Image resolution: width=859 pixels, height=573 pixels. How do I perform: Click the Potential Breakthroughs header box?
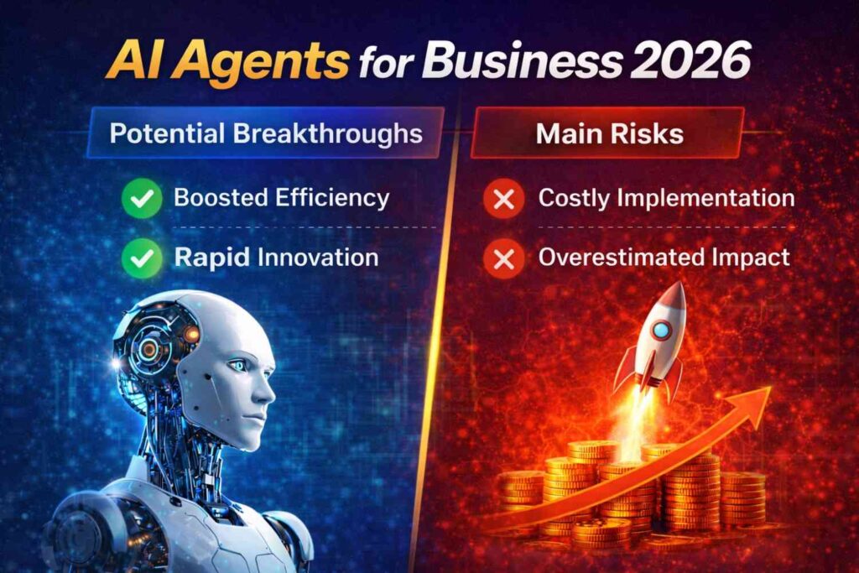tap(265, 133)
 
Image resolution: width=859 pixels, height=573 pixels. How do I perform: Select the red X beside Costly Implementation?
tap(503, 199)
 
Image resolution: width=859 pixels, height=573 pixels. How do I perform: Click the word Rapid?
tap(211, 257)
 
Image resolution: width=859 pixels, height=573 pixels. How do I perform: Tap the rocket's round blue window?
tap(661, 330)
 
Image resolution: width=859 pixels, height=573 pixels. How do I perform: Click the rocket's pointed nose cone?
tap(677, 294)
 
